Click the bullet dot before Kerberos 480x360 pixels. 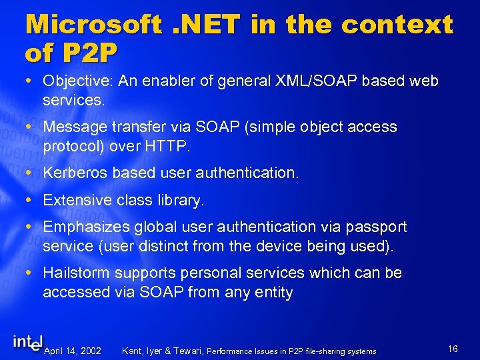tap(32, 173)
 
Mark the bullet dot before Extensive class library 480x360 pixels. tap(32, 199)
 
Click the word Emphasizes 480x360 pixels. tap(85, 227)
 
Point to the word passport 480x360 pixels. tap(379, 227)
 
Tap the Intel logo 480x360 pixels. tap(28, 341)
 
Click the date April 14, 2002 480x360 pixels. tap(73, 351)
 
